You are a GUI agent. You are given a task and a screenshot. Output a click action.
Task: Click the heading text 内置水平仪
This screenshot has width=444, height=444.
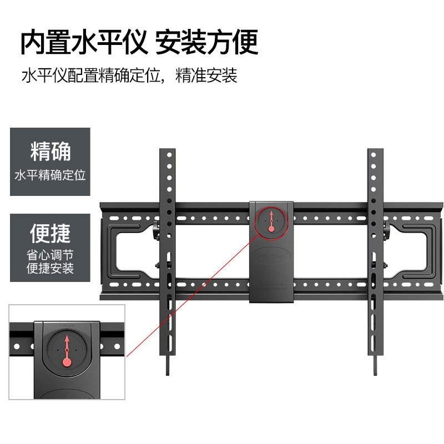click(x=83, y=43)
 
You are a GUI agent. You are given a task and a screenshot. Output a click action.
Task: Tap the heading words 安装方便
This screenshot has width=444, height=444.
click(x=206, y=43)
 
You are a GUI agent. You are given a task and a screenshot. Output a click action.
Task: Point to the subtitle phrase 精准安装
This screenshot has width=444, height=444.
click(x=206, y=75)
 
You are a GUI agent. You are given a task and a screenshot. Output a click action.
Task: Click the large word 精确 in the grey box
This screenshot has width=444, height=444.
click(x=50, y=152)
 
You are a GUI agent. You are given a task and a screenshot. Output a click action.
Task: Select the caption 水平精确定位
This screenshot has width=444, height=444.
click(x=50, y=176)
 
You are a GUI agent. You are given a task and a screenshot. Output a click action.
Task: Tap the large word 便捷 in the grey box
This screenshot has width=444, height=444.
click(x=50, y=234)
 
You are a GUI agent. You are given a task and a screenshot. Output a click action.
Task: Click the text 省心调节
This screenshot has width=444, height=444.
click(x=50, y=256)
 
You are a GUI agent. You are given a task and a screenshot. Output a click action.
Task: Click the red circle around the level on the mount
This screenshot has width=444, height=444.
click(x=271, y=220)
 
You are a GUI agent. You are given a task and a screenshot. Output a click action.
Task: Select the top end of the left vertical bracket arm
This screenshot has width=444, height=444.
click(x=167, y=152)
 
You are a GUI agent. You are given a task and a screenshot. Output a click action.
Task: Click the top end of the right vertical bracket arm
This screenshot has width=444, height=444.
click(x=375, y=152)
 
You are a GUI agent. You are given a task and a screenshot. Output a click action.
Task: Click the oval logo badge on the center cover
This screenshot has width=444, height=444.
click(x=271, y=256)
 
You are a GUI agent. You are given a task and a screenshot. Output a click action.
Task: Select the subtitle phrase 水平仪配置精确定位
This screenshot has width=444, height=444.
click(x=91, y=75)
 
